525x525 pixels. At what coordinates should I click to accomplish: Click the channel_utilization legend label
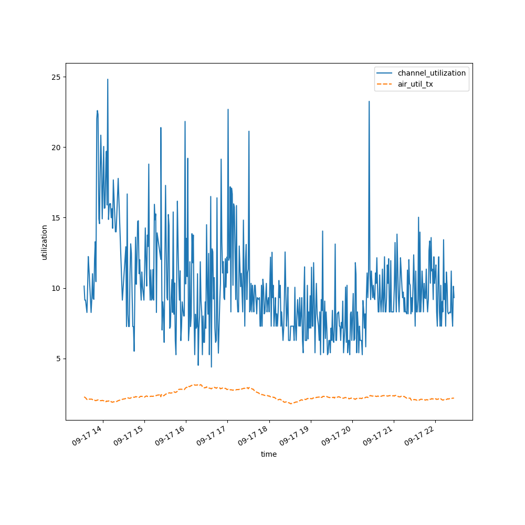432,73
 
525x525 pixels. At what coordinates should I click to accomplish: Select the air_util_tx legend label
415,84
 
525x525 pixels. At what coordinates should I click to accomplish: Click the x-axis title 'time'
269,455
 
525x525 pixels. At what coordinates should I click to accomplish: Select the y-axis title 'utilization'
45,242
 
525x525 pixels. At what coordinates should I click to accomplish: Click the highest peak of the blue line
108,80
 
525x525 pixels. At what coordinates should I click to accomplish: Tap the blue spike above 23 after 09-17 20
369,101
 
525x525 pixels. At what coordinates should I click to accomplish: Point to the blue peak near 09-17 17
228,109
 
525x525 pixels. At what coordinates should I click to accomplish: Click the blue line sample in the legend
385,73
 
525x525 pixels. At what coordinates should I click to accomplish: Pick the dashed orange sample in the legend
385,84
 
